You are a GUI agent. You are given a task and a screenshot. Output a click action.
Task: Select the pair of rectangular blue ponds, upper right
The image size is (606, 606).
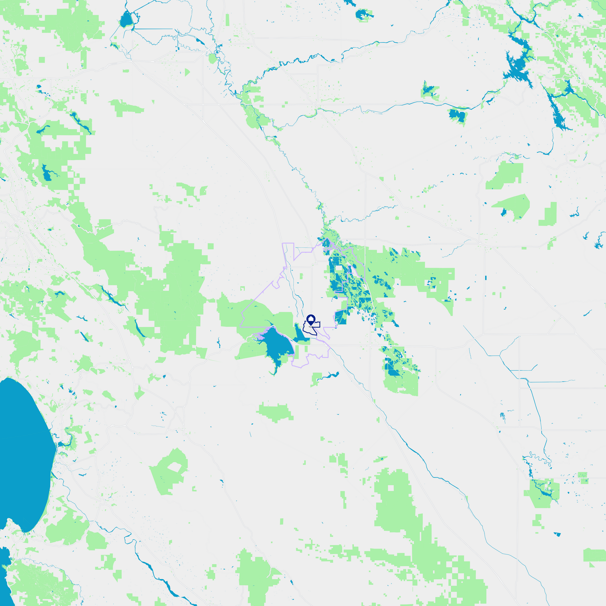[457, 115]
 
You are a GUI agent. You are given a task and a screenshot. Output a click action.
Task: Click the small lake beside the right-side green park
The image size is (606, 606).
[504, 212]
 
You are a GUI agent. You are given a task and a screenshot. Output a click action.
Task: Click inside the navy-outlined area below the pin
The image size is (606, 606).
[309, 328]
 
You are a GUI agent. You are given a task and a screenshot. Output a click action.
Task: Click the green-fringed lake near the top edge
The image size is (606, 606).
[363, 14]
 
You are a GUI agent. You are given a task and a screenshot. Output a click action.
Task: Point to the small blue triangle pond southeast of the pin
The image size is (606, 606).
[380, 335]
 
